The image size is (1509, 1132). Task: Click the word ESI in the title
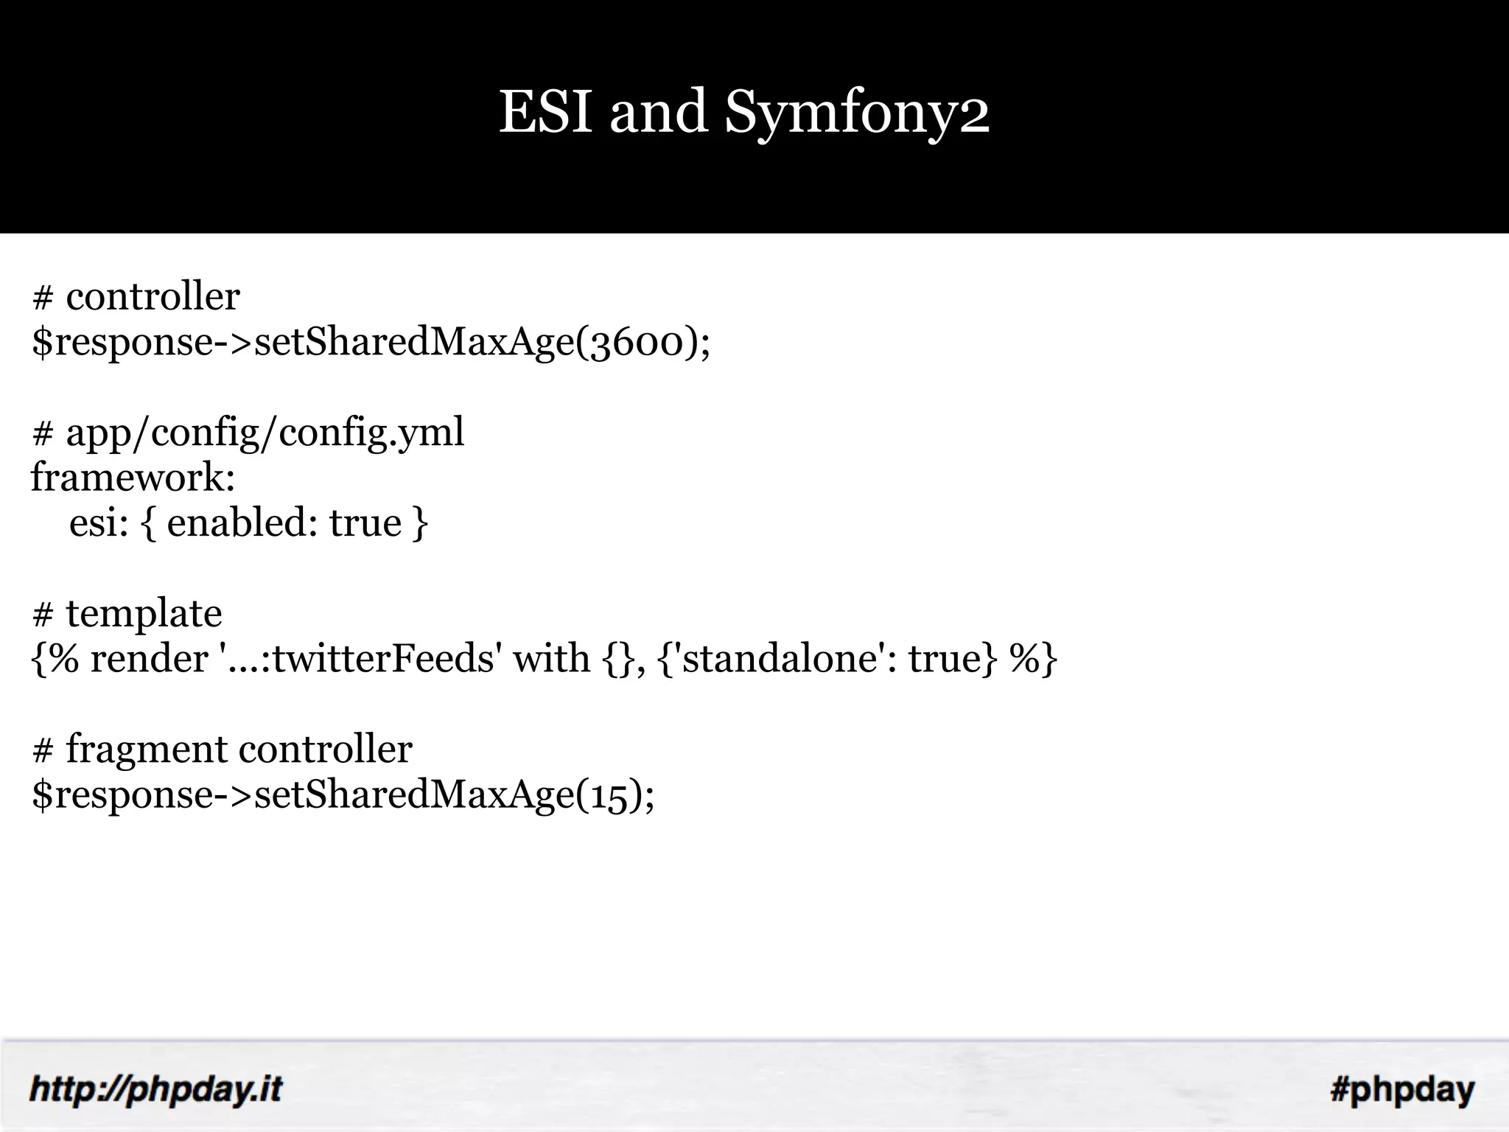pyautogui.click(x=545, y=112)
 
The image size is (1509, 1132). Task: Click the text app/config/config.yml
pyautogui.click(x=265, y=433)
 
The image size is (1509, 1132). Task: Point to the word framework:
pyautogui.click(x=133, y=478)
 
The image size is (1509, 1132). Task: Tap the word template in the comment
pyautogui.click(x=144, y=614)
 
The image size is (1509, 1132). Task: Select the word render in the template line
pyautogui.click(x=149, y=659)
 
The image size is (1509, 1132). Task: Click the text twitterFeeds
pyautogui.click(x=383, y=659)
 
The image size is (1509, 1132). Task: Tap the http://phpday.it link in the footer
pyautogui.click(x=155, y=1089)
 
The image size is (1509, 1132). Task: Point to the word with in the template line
pyautogui.click(x=551, y=659)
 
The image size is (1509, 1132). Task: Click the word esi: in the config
pyautogui.click(x=99, y=523)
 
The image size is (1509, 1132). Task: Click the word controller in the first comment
pyautogui.click(x=153, y=297)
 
